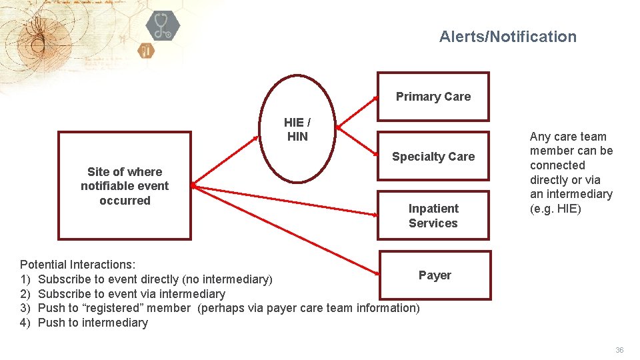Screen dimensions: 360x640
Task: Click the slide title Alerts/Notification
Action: (x=507, y=37)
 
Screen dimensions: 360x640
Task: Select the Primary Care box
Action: (x=433, y=97)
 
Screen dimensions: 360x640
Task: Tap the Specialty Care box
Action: (x=433, y=157)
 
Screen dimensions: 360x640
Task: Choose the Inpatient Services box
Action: (x=433, y=215)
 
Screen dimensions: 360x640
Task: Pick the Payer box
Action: (x=435, y=275)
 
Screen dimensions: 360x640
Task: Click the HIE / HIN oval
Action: (x=297, y=129)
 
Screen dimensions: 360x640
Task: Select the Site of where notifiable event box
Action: (x=125, y=185)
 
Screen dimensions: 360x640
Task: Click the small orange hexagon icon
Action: (x=146, y=50)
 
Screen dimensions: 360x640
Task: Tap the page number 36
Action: (x=619, y=350)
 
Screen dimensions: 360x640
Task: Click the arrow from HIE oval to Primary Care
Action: (x=357, y=111)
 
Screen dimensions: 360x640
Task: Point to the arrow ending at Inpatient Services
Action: (x=287, y=201)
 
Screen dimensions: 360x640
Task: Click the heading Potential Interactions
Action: (x=78, y=265)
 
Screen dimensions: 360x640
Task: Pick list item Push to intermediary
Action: (x=93, y=323)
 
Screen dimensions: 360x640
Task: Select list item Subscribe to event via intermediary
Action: (x=131, y=294)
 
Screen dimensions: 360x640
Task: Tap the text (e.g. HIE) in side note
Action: (x=555, y=209)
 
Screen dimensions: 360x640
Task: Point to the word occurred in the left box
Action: (x=125, y=201)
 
